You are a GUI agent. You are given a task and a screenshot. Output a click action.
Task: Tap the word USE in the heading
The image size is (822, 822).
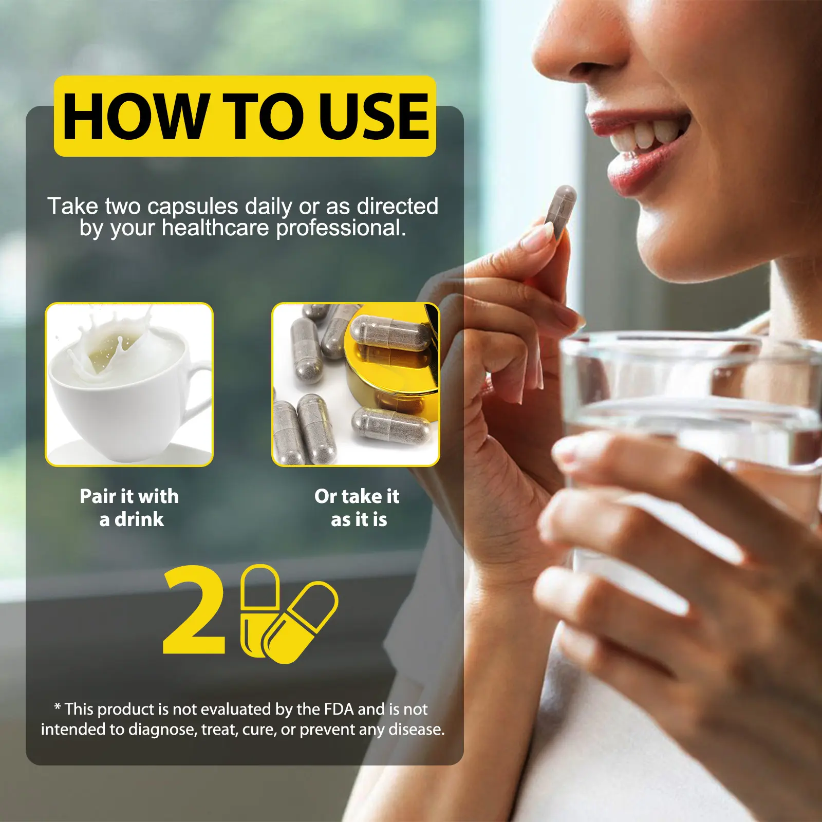tap(374, 117)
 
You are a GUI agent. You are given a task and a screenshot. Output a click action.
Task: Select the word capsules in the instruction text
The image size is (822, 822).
tap(193, 207)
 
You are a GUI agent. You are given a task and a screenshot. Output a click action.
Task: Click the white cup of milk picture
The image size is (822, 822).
tap(129, 384)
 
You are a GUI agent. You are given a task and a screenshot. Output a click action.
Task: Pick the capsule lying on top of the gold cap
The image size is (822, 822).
tap(390, 332)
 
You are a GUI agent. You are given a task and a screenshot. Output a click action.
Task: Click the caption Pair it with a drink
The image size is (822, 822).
tap(129, 508)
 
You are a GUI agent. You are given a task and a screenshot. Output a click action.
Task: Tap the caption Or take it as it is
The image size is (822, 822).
tap(357, 508)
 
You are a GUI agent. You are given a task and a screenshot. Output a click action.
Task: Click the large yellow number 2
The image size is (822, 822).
tap(194, 610)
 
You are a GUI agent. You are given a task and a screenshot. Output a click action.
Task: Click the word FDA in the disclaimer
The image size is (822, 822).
tap(339, 709)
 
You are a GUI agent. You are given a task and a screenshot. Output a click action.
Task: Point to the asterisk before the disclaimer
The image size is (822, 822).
tap(58, 707)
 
